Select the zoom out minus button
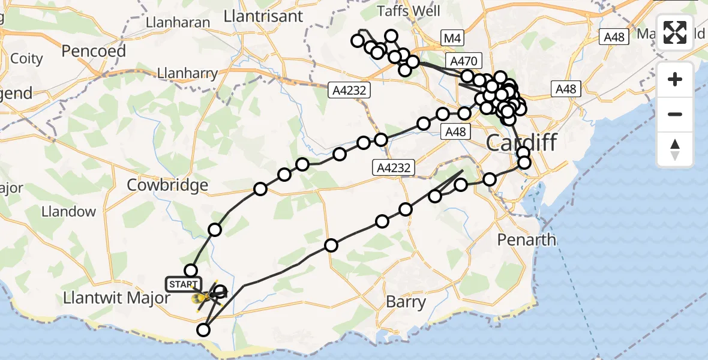(x=675, y=114)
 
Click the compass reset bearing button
(x=675, y=149)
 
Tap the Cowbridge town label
(x=167, y=185)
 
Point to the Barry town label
(x=406, y=302)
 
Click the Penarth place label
(x=526, y=240)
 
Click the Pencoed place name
(x=94, y=52)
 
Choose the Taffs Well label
(x=409, y=11)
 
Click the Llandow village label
(x=68, y=211)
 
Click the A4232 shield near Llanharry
(x=350, y=91)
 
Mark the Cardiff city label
(x=521, y=143)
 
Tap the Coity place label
(x=26, y=59)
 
